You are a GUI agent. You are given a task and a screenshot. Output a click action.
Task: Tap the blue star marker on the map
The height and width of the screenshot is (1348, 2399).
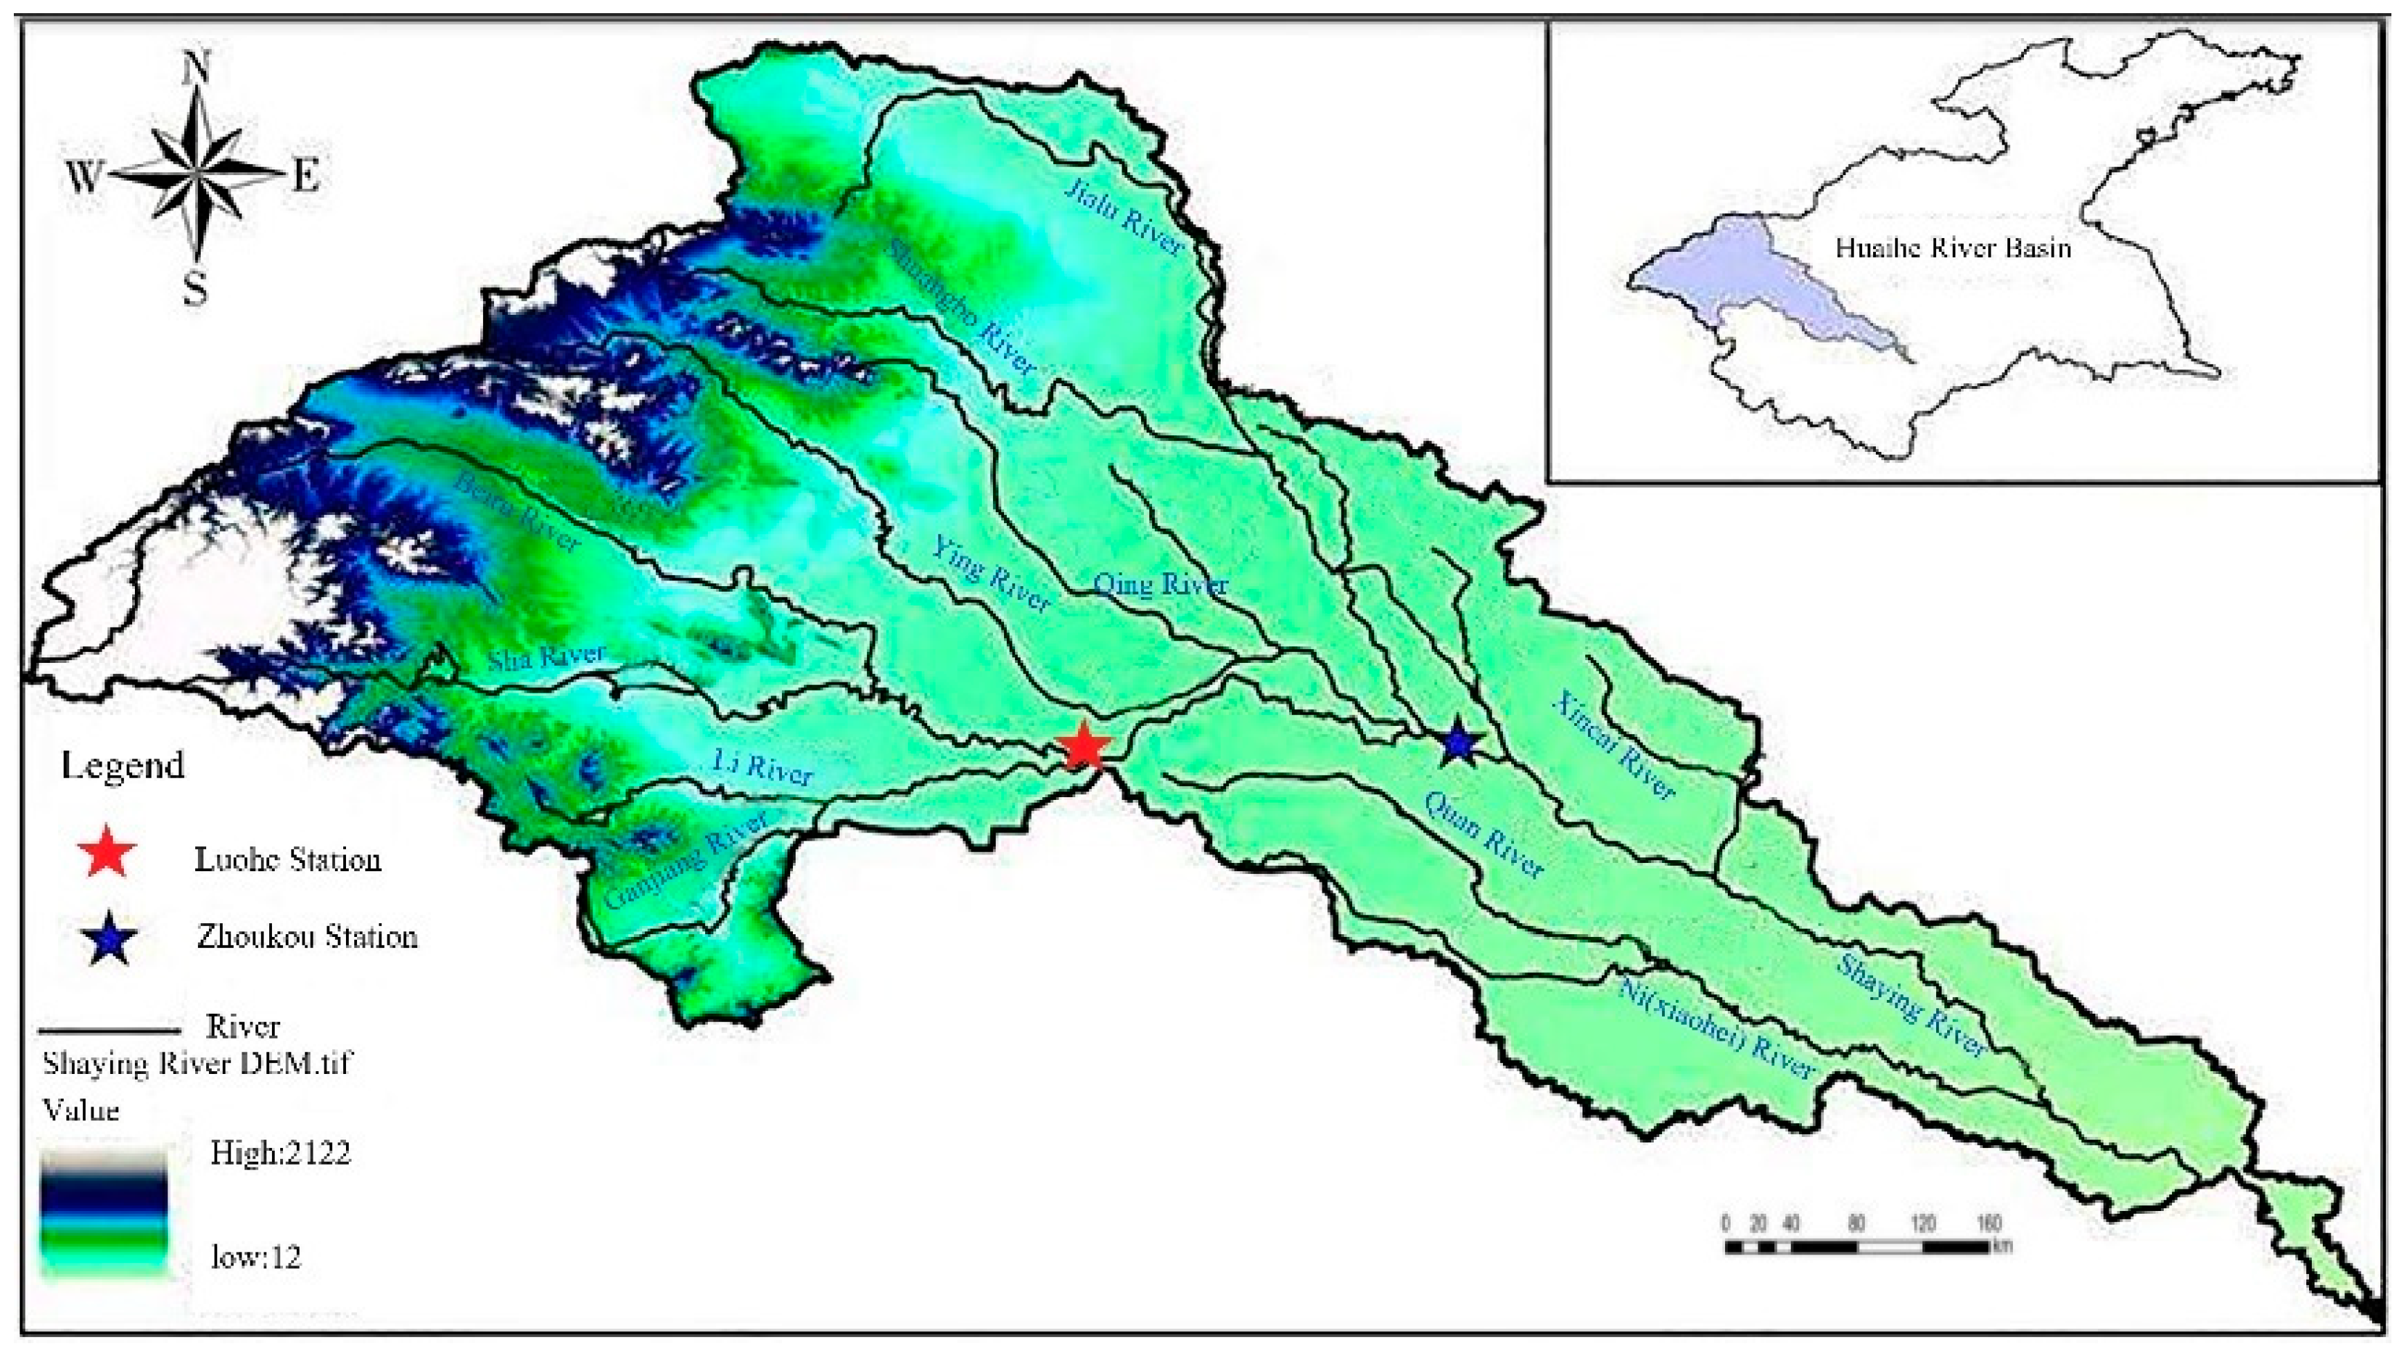(1459, 743)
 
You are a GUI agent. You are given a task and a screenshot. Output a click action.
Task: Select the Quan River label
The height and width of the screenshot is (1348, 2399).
(1484, 837)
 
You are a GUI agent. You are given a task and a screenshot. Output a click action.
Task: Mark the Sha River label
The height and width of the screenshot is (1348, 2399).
(547, 657)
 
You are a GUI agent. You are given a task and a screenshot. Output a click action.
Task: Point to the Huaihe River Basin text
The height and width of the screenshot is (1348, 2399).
(1953, 248)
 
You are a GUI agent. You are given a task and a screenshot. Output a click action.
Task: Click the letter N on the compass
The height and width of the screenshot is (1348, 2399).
(197, 68)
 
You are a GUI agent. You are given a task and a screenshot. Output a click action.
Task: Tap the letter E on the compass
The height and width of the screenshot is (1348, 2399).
(307, 174)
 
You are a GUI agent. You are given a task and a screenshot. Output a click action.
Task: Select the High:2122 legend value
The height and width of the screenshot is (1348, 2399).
(280, 1154)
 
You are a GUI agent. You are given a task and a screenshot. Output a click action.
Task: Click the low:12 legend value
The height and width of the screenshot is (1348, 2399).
(255, 1257)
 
